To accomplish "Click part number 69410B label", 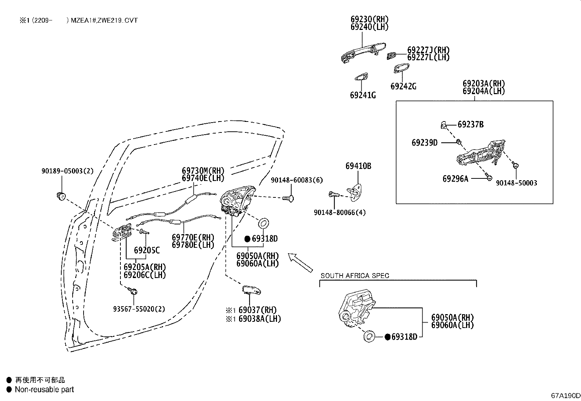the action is click(358, 166).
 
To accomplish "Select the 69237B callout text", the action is click(470, 124).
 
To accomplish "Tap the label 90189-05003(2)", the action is click(68, 171).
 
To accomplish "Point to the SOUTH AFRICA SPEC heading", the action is click(355, 275).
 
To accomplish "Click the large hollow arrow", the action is click(300, 263).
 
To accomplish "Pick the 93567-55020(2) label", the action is click(139, 309).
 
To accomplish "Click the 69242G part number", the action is click(403, 86).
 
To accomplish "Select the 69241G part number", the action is click(363, 96).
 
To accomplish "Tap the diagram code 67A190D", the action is click(566, 396).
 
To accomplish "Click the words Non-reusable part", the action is click(45, 389).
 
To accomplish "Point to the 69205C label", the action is click(147, 250).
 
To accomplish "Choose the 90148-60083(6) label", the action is click(297, 180).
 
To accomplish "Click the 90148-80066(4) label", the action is click(340, 212).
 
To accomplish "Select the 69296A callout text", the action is click(455, 179).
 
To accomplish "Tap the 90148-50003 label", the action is click(516, 183).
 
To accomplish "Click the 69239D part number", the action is click(424, 143).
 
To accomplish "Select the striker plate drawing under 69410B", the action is click(355, 193).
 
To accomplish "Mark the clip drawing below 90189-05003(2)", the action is click(61, 196).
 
